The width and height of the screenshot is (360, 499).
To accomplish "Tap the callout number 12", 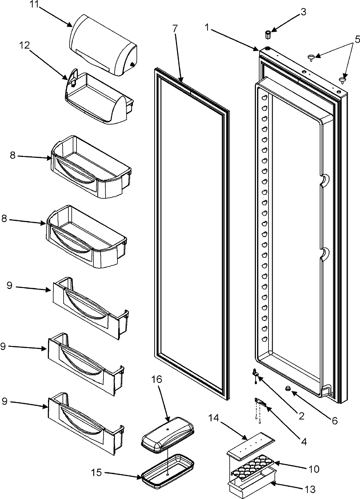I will pos(25,45).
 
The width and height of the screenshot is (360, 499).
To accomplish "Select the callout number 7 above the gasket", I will pos(175,29).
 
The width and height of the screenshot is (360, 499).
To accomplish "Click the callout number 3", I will pos(303,12).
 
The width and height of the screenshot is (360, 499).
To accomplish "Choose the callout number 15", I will pos(97,473).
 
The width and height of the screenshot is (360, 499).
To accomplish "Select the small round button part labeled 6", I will pos(288,389).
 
